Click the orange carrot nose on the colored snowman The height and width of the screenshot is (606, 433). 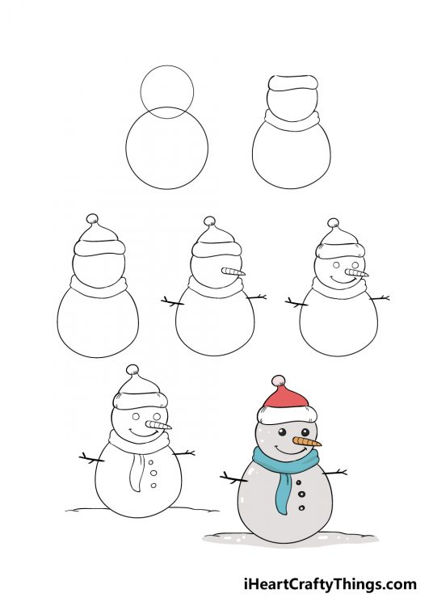pos(309,443)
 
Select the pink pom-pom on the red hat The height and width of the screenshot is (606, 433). pos(278,380)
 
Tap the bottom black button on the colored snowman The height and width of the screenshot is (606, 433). pos(302,507)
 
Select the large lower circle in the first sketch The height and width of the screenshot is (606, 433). pos(166,149)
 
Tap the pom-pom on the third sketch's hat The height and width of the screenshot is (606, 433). pos(92,218)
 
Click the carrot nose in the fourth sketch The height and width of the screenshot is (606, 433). pos(233,271)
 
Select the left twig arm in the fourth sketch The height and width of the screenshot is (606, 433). pos(173,302)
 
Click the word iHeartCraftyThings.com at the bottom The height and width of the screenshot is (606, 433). pos(330,583)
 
